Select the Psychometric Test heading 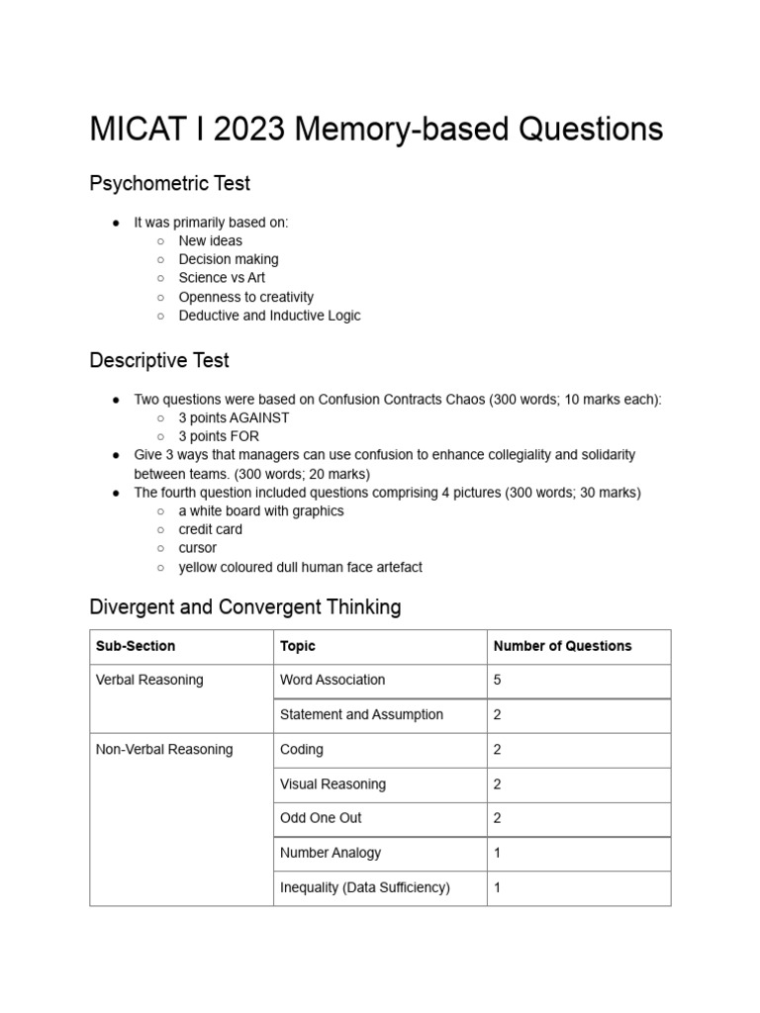[x=169, y=183]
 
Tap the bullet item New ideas [x=210, y=240]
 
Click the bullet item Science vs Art [x=222, y=278]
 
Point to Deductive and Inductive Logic [x=269, y=316]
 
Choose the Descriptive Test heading [x=159, y=360]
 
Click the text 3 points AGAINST [x=234, y=417]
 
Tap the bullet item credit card [x=210, y=529]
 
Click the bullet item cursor [x=197, y=548]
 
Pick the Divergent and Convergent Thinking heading [x=245, y=606]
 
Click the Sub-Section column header [x=136, y=646]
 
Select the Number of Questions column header [x=562, y=646]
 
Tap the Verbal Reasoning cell [x=149, y=680]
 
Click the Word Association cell [x=332, y=680]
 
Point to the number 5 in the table [x=498, y=680]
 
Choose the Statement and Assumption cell [x=361, y=714]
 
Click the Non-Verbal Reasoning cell [x=164, y=749]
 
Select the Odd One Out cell [x=321, y=818]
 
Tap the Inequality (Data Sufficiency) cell [x=365, y=887]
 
